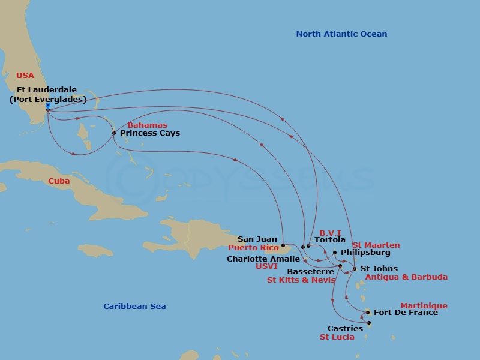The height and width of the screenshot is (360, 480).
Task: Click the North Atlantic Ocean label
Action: click(341, 34)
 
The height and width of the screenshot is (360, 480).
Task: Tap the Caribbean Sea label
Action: click(134, 307)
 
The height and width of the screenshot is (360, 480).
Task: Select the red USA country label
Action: click(25, 76)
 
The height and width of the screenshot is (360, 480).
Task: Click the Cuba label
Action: click(59, 181)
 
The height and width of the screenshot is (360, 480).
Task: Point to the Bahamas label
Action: click(147, 125)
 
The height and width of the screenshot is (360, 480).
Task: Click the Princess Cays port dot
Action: click(114, 133)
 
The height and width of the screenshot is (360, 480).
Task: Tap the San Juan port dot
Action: click(283, 245)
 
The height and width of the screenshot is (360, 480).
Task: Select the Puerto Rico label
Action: click(253, 248)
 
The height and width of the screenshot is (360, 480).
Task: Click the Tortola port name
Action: click(330, 240)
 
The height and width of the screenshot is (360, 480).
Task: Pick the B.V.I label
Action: click(330, 233)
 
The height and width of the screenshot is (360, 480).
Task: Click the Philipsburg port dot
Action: click(335, 253)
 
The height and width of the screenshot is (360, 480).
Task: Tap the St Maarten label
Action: click(376, 245)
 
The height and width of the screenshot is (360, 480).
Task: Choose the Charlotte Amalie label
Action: click(263, 259)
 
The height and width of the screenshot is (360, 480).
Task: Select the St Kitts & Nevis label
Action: click(301, 280)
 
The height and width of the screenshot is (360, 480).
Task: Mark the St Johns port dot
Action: click(355, 269)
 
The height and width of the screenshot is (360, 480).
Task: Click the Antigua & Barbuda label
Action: click(406, 277)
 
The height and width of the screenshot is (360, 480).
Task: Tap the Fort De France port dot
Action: click(368, 312)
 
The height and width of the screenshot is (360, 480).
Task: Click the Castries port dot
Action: click(369, 323)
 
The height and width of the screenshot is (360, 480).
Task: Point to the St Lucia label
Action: click(337, 337)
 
